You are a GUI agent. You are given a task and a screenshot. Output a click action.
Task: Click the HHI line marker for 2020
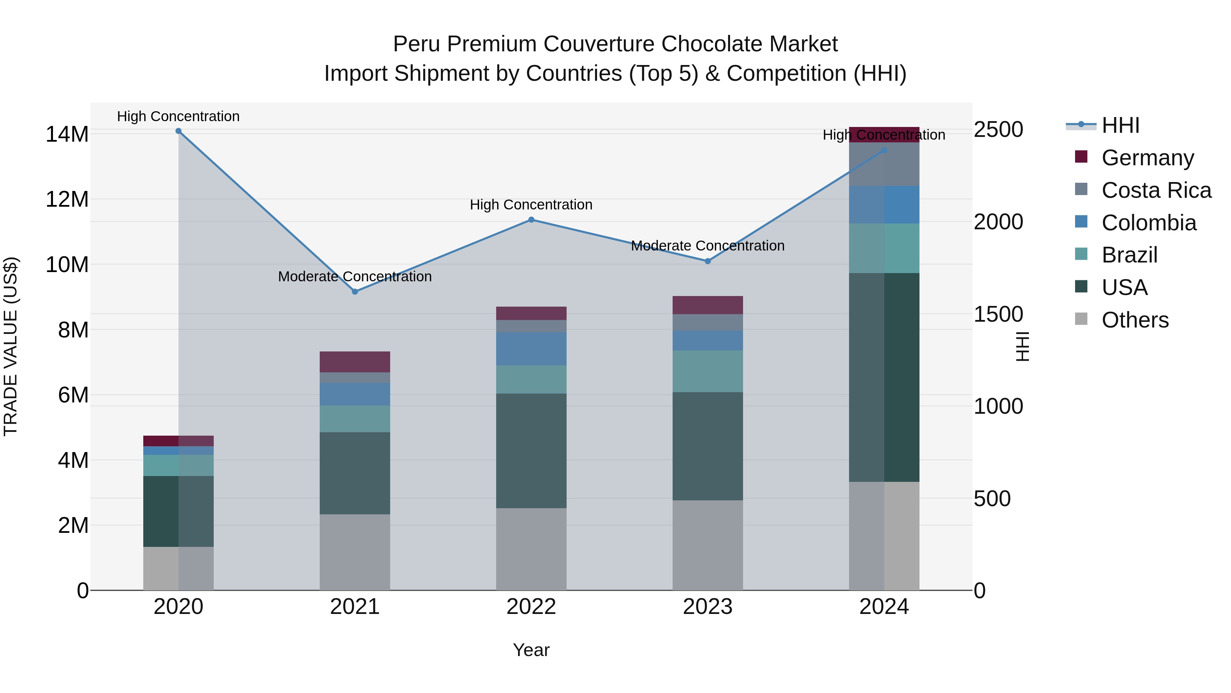(178, 131)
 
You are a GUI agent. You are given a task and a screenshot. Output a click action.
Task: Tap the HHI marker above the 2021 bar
(355, 292)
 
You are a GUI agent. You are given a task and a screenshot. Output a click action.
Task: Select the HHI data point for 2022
(531, 220)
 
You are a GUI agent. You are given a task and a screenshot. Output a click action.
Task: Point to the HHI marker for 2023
(708, 261)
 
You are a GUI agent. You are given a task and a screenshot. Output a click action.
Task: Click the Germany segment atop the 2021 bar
(355, 362)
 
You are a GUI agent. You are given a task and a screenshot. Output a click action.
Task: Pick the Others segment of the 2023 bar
(708, 545)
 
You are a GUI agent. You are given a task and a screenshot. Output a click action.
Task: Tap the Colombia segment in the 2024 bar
(884, 205)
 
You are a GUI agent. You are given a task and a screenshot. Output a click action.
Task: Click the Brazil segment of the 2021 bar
(355, 419)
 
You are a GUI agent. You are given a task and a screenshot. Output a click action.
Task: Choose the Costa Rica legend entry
(1156, 190)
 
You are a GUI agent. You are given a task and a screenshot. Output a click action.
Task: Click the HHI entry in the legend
(1120, 125)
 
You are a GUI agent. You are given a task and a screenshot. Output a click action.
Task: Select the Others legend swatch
(1081, 319)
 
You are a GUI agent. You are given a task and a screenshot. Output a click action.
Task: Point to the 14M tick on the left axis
(67, 134)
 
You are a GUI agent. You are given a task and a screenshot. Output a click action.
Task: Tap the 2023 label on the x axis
(708, 607)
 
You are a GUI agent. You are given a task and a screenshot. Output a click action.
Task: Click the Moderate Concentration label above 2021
(355, 277)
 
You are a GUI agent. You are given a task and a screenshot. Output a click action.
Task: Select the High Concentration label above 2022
(531, 205)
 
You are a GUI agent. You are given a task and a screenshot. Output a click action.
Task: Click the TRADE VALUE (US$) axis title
(11, 346)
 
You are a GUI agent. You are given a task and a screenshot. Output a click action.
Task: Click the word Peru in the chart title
(417, 44)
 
